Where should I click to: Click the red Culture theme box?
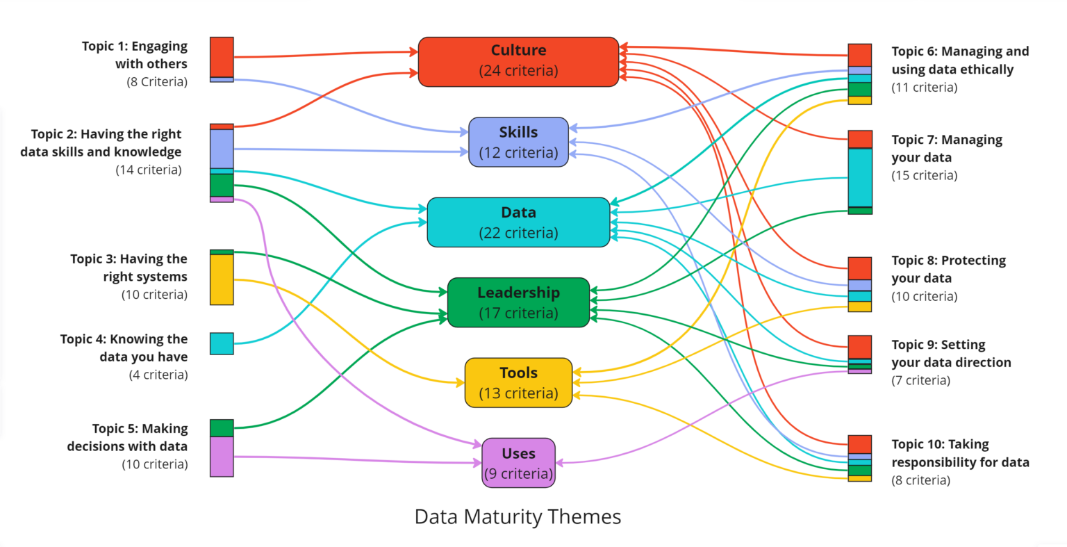(518, 61)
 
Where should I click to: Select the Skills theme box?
(518, 142)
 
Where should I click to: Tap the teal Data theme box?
(518, 222)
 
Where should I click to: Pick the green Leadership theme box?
(518, 302)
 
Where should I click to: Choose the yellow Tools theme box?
(518, 382)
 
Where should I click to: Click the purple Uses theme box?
(518, 463)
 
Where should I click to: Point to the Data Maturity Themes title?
(518, 516)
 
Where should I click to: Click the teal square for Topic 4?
(222, 343)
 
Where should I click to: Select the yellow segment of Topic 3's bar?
(222, 279)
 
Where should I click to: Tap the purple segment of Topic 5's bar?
(222, 457)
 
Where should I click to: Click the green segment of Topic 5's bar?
(222, 427)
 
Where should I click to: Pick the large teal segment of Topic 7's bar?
(859, 177)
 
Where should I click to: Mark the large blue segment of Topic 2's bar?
(222, 149)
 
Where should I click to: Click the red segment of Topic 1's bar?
(222, 57)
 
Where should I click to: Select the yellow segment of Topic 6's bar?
(859, 100)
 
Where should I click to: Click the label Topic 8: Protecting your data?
(948, 269)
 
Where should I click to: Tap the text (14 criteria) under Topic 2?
(148, 170)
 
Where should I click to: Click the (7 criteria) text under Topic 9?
(920, 380)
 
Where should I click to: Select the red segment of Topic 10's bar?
(859, 444)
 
